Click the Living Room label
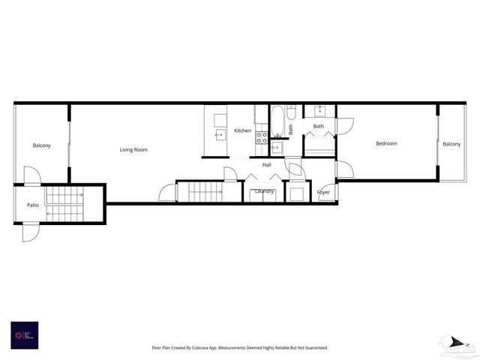(x=133, y=150)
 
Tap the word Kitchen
(x=242, y=131)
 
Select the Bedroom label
(x=386, y=143)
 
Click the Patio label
(x=33, y=205)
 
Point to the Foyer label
(x=323, y=193)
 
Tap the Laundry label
(x=265, y=191)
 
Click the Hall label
(x=266, y=165)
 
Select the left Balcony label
(x=41, y=145)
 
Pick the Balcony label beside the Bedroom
(x=451, y=144)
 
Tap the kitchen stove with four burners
(x=262, y=137)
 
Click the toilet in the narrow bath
(x=291, y=112)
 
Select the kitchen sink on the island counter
(x=220, y=135)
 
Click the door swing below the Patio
(x=30, y=232)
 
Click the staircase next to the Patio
(x=64, y=204)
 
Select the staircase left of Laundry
(x=204, y=192)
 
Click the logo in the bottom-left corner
(x=25, y=335)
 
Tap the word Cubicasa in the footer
(x=202, y=348)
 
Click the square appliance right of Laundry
(x=296, y=193)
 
